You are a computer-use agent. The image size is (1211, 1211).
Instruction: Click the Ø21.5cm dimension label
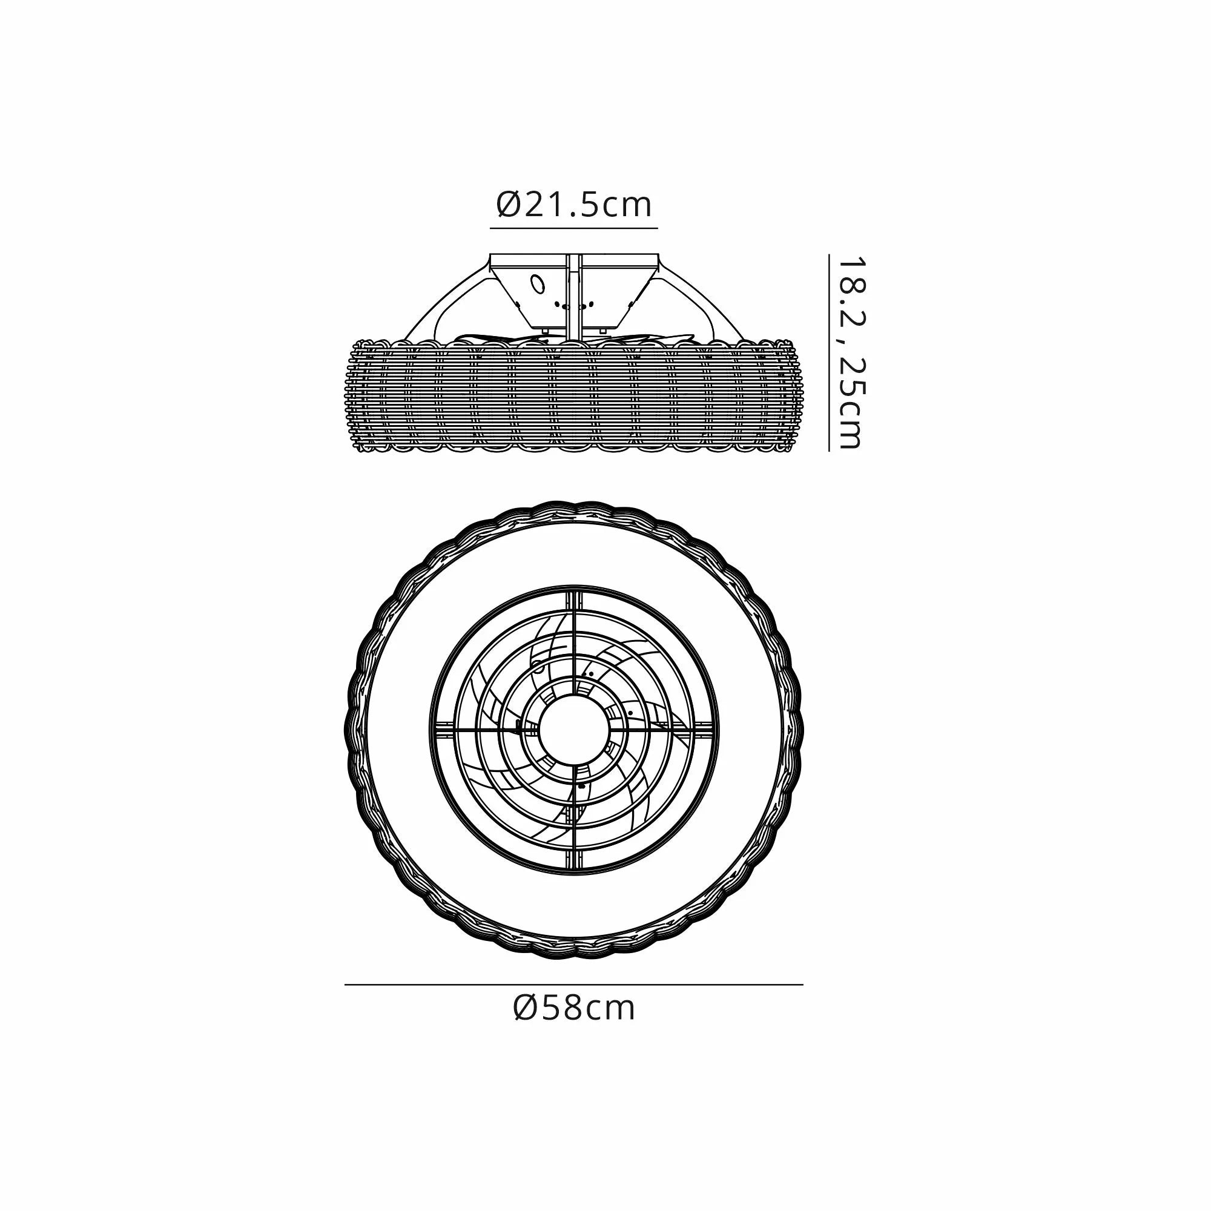(574, 204)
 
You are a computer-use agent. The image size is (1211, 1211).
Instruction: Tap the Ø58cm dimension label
(574, 1008)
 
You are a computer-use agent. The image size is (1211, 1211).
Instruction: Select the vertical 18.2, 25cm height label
(851, 352)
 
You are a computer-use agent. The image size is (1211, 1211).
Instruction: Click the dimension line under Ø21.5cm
(573, 229)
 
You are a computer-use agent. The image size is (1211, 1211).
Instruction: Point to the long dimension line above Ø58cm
(573, 985)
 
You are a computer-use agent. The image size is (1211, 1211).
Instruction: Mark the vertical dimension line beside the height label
(829, 352)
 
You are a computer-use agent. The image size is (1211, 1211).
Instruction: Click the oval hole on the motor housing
(537, 284)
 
